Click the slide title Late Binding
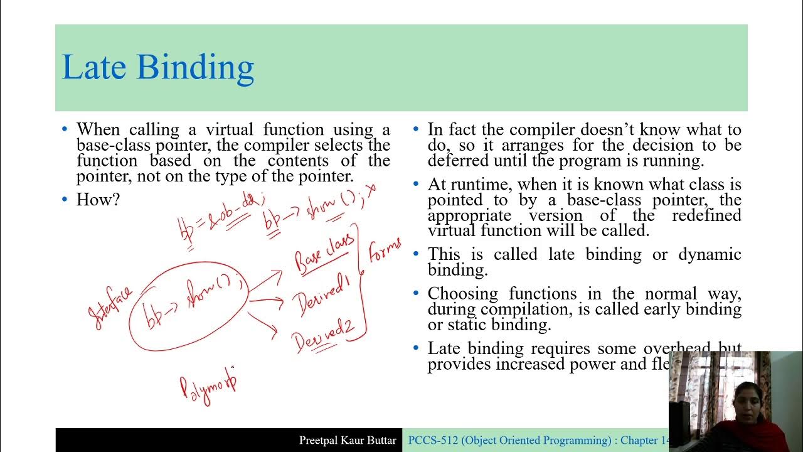pyautogui.click(x=157, y=67)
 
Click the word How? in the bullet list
pyautogui.click(x=98, y=200)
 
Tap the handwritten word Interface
pyautogui.click(x=111, y=308)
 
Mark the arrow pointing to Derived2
pyautogui.click(x=263, y=323)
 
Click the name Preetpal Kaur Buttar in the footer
pyautogui.click(x=348, y=440)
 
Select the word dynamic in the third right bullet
pyautogui.click(x=710, y=254)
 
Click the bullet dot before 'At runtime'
pyautogui.click(x=416, y=185)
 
